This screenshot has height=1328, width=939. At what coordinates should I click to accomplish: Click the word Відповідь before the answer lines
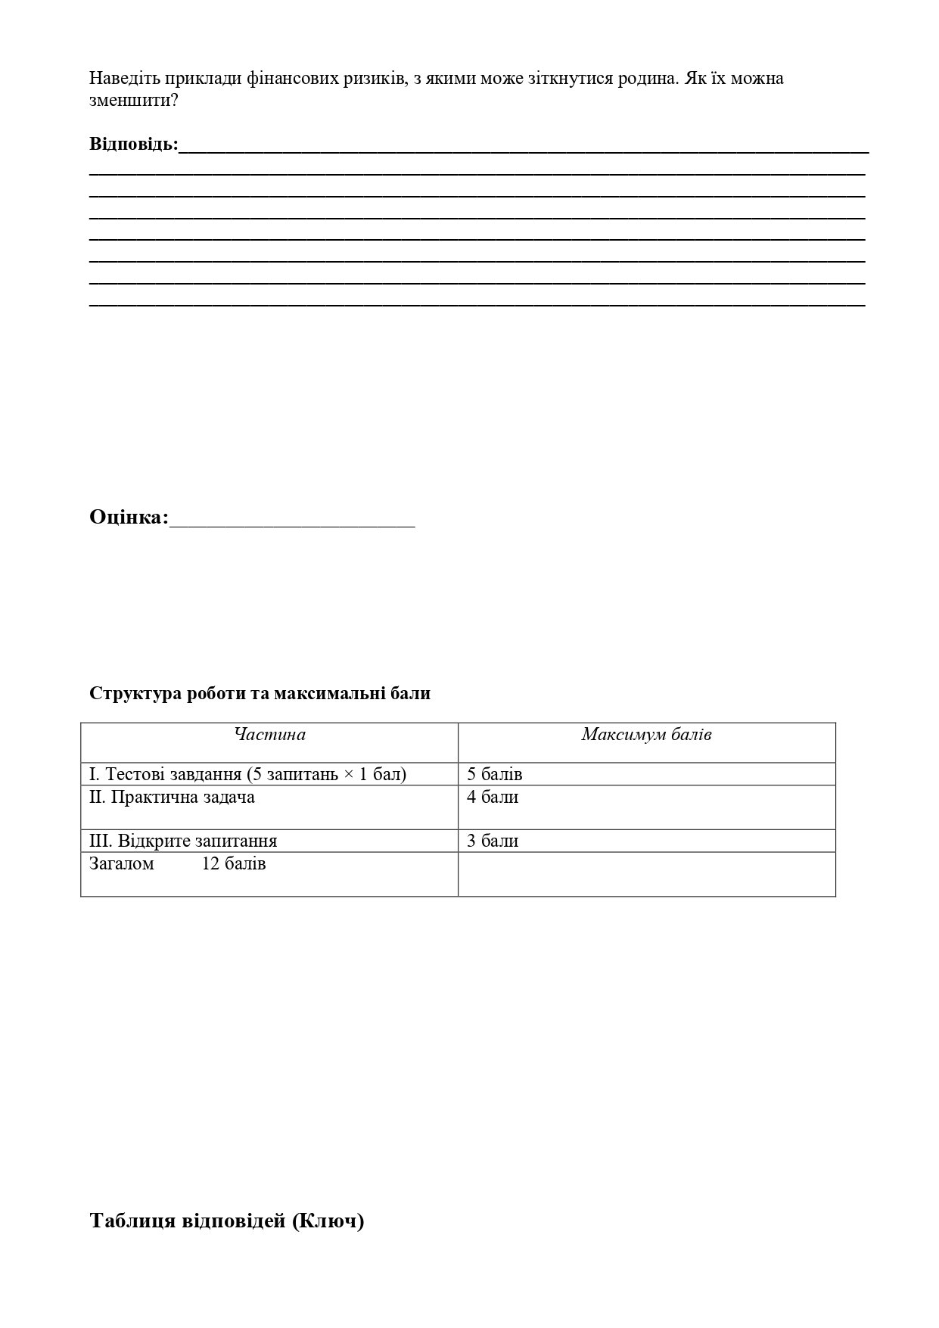(133, 144)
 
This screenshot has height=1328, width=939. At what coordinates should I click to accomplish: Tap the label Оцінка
(129, 518)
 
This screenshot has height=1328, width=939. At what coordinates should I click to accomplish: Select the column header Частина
(269, 735)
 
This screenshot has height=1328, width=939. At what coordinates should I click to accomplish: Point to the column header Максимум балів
(646, 735)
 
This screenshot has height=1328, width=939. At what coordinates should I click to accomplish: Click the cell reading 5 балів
(495, 775)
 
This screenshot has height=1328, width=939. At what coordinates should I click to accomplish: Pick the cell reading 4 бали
(493, 798)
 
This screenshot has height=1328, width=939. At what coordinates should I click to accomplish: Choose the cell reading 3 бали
(493, 841)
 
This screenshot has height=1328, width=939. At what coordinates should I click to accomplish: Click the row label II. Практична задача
(172, 798)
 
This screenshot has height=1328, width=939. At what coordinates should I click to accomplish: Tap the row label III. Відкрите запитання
(183, 841)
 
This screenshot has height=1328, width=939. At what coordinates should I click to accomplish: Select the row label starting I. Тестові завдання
(247, 775)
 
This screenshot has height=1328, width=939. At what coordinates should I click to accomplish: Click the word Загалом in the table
(121, 864)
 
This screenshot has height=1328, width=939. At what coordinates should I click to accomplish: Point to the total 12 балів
(234, 864)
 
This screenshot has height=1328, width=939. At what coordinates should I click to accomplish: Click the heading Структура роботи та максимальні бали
(260, 694)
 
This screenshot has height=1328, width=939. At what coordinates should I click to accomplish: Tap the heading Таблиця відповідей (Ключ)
(226, 1221)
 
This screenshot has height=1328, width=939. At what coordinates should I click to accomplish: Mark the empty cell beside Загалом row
(646, 874)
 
